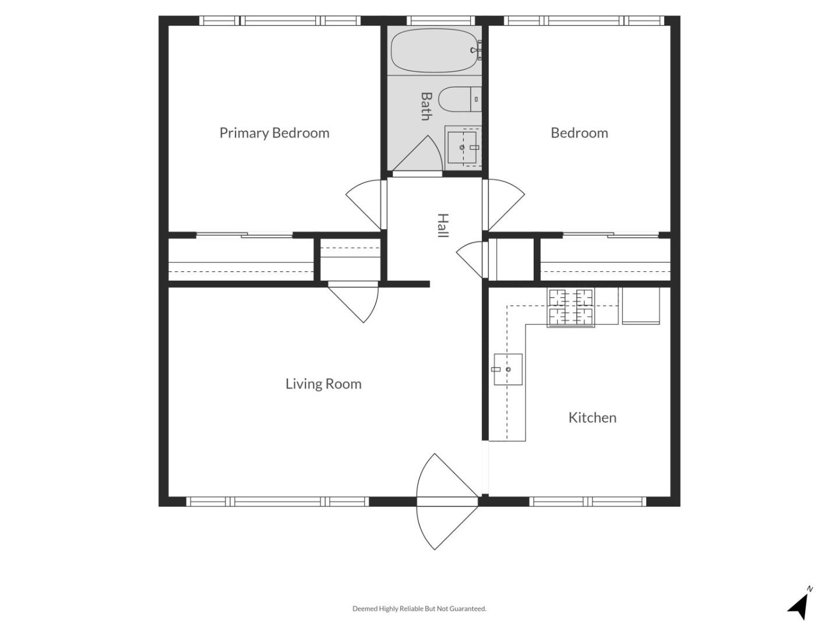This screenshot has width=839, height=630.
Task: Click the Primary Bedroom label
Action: click(x=274, y=133)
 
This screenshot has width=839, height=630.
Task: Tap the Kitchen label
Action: click(x=592, y=418)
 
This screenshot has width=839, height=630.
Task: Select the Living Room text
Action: click(x=323, y=384)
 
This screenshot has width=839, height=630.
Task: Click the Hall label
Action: click(x=443, y=226)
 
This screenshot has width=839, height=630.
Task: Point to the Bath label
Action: click(x=426, y=106)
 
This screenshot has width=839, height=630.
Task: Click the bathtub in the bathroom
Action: click(x=433, y=51)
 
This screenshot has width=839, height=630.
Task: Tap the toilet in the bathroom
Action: click(x=457, y=100)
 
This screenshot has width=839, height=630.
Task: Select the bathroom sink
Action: click(x=463, y=148)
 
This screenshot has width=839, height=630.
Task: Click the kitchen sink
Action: click(x=507, y=369)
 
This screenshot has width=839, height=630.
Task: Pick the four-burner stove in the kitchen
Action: click(x=571, y=307)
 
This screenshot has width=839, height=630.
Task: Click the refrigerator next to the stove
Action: click(x=640, y=305)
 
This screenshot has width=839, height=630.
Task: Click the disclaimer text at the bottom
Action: click(x=419, y=608)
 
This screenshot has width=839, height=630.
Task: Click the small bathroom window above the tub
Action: click(x=439, y=20)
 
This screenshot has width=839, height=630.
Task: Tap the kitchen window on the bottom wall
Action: click(x=587, y=501)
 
